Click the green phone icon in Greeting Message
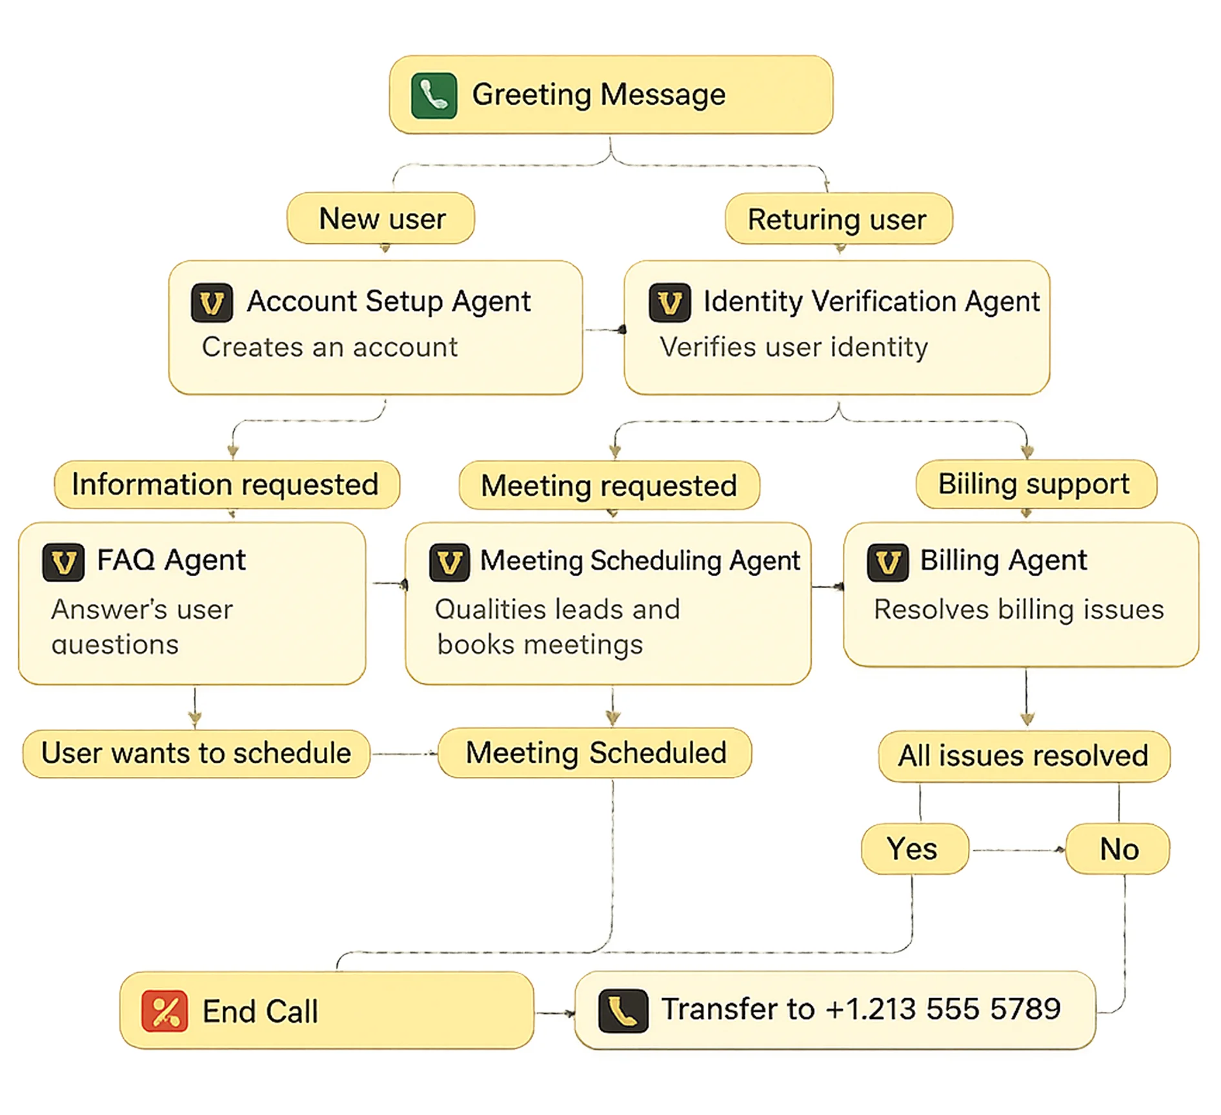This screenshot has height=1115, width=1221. click(x=434, y=96)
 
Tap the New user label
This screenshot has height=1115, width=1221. click(x=381, y=219)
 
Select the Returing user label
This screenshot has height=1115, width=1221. click(x=838, y=219)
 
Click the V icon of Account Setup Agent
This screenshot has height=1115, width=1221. click(x=212, y=303)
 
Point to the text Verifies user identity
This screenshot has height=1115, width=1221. click(x=793, y=347)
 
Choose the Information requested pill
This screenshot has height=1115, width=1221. click(x=226, y=485)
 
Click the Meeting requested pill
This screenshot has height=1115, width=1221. click(x=609, y=486)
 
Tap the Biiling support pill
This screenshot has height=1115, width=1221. click(x=1034, y=484)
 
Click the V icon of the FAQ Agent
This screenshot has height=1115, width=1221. click(x=63, y=562)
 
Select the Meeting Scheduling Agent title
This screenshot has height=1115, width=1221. click(x=640, y=561)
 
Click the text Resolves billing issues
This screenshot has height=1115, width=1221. click(x=1018, y=610)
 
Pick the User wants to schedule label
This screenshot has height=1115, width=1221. click(x=196, y=754)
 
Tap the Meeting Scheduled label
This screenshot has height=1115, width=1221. click(x=595, y=753)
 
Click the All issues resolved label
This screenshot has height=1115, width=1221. click(x=1024, y=756)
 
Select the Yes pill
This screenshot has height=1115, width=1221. click(x=913, y=849)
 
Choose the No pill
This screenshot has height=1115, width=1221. click(x=1118, y=849)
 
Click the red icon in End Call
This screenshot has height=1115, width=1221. click(x=165, y=1010)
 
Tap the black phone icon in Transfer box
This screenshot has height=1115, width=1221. click(x=623, y=1010)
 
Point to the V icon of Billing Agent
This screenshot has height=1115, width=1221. click(x=888, y=563)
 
